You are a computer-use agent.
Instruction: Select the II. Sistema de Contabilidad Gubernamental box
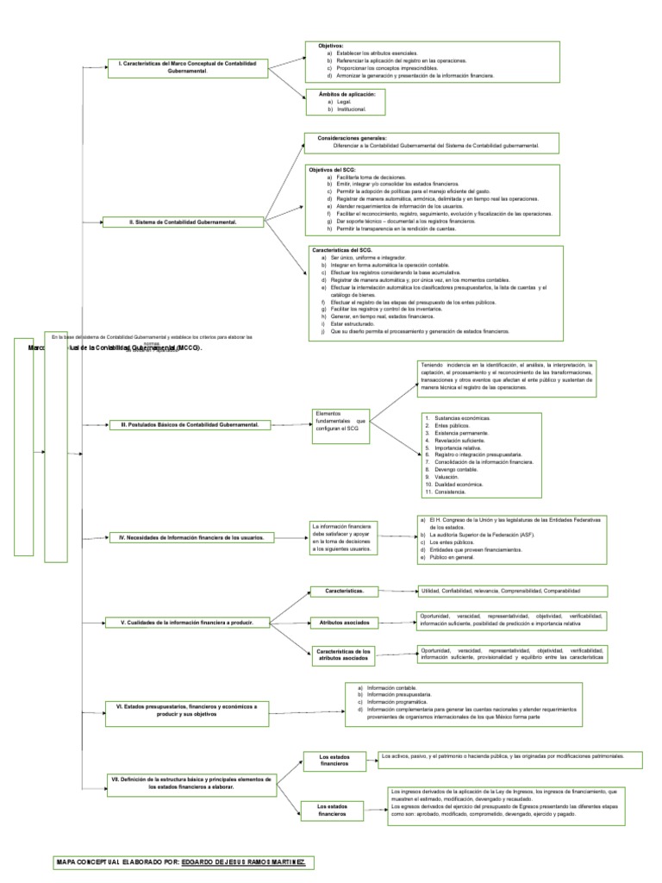[183, 222]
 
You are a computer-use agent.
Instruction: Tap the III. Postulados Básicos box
[190, 424]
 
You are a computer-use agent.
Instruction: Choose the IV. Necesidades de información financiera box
[191, 537]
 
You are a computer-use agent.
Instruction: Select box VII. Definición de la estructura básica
[190, 782]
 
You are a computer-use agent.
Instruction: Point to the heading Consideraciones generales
[353, 137]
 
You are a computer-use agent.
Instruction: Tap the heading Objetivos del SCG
[332, 170]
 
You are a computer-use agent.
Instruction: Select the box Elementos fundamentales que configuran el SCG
[342, 422]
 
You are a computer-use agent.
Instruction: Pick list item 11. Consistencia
[447, 491]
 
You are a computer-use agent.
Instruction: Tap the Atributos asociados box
[344, 621]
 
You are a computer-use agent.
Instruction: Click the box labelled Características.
[344, 591]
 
